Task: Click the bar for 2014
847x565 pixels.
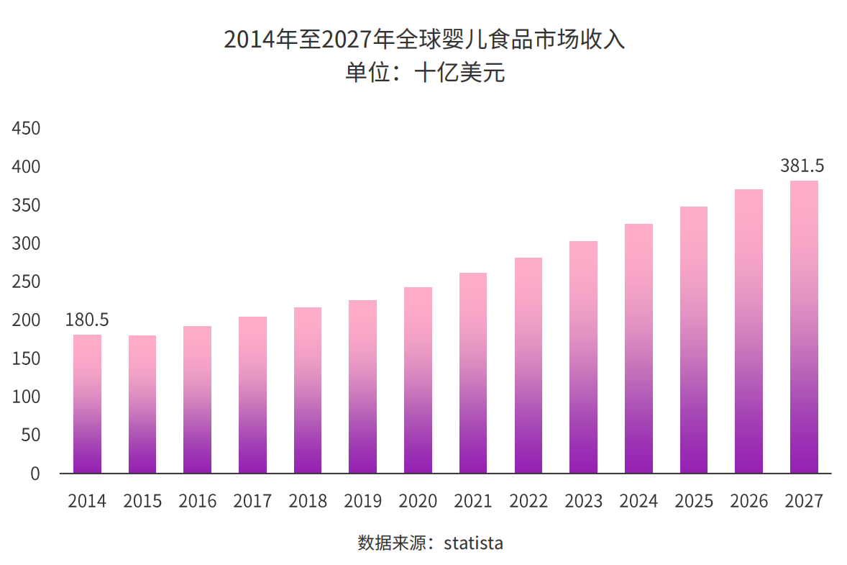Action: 87,404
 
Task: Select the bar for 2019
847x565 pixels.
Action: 362,387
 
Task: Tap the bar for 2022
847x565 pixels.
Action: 528,366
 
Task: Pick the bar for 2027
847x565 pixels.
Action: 803,327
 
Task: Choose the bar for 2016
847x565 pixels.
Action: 197,399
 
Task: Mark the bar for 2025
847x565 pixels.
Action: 693,340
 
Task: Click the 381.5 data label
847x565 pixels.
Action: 802,166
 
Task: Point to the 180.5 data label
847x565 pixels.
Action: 87,320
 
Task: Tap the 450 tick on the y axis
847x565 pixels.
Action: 26,129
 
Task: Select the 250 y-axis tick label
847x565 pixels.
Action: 26,282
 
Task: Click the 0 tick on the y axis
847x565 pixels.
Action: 35,474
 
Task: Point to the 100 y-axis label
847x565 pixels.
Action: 26,397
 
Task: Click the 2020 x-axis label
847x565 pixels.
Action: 418,501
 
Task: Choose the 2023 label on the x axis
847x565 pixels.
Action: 583,501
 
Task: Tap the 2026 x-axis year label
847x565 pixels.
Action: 748,501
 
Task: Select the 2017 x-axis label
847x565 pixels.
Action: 252,501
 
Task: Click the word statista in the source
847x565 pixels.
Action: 473,543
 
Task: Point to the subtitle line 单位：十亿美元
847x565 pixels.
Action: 424,73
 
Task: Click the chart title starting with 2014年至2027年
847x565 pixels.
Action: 424,39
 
